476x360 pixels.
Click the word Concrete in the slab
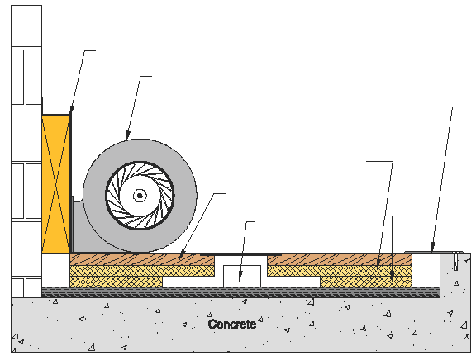pyautogui.click(x=232, y=324)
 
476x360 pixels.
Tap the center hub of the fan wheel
pyautogui.click(x=140, y=196)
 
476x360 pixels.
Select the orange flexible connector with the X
pyautogui.click(x=56, y=184)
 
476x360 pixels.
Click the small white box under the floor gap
pyautogui.click(x=242, y=276)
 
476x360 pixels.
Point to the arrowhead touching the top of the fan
pyautogui.click(x=128, y=135)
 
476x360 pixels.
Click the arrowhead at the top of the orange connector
pyautogui.click(x=71, y=111)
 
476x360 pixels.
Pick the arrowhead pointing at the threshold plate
pyautogui.click(x=432, y=246)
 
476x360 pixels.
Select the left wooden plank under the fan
pyautogui.click(x=142, y=260)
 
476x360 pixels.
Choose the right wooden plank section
pyautogui.click(x=340, y=260)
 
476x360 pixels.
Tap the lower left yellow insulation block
pyautogui.click(x=117, y=282)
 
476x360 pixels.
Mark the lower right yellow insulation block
pyautogui.click(x=366, y=282)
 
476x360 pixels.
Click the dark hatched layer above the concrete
pyautogui.click(x=240, y=292)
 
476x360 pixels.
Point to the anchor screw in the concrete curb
pyautogui.click(x=455, y=261)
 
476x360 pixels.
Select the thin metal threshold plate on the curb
pyautogui.click(x=434, y=253)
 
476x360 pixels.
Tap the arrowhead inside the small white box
pyautogui.click(x=240, y=277)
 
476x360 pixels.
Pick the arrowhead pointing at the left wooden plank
pyautogui.click(x=182, y=255)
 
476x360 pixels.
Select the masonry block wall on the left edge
pyautogui.click(x=26, y=151)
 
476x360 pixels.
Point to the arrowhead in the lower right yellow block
pyautogui.click(x=393, y=277)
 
